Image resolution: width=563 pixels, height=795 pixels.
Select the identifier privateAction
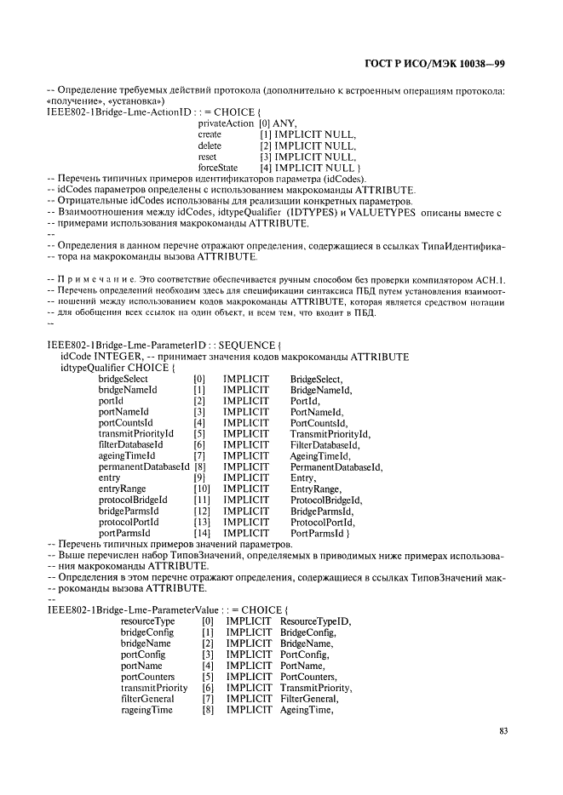226,123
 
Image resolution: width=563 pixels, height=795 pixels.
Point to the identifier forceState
218,168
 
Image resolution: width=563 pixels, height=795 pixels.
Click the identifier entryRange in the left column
124,489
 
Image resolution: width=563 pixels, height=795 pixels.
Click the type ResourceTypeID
315,621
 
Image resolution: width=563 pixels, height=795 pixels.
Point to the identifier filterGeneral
147,699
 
